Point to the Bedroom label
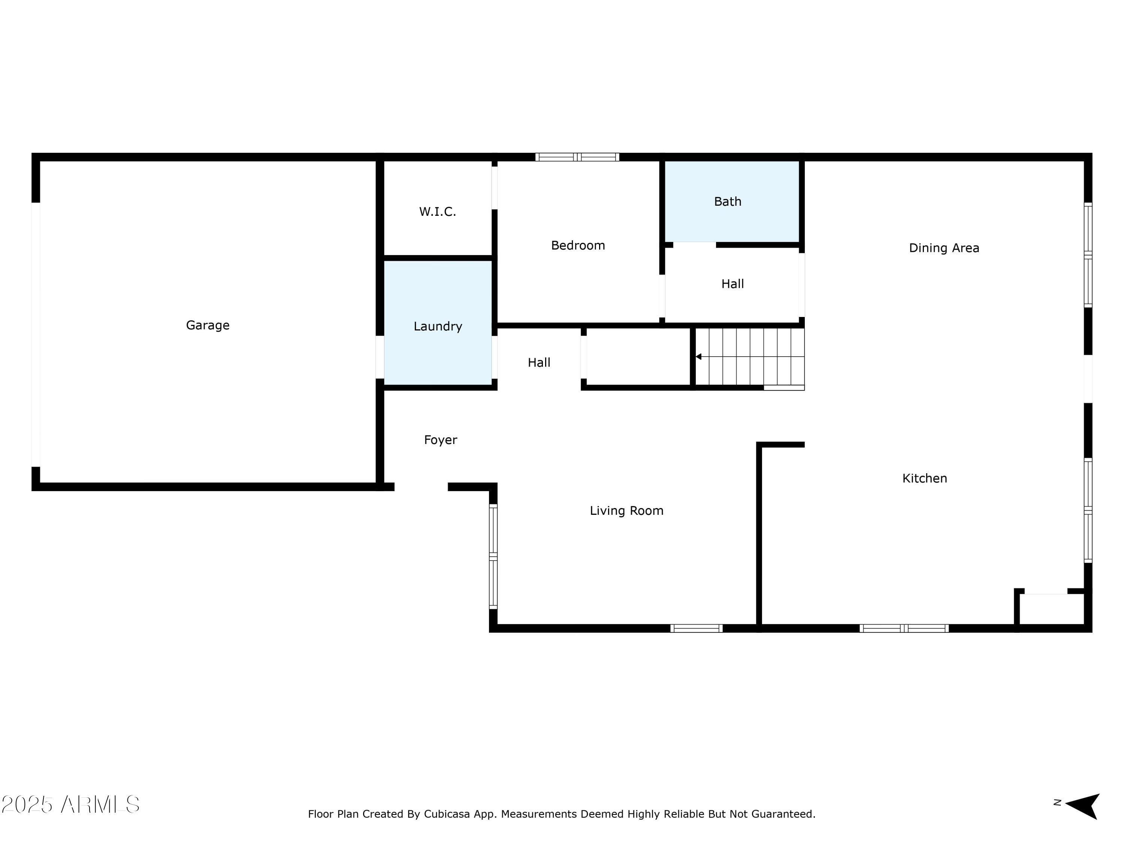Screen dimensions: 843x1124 [578, 245]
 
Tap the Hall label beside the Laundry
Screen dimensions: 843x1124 [539, 363]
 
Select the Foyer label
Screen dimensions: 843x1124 [440, 440]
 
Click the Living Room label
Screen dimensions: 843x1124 [626, 511]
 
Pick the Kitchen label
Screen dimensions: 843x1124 [924, 478]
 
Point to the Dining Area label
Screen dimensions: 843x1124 [944, 248]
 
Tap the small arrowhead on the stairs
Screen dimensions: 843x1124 [699, 357]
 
